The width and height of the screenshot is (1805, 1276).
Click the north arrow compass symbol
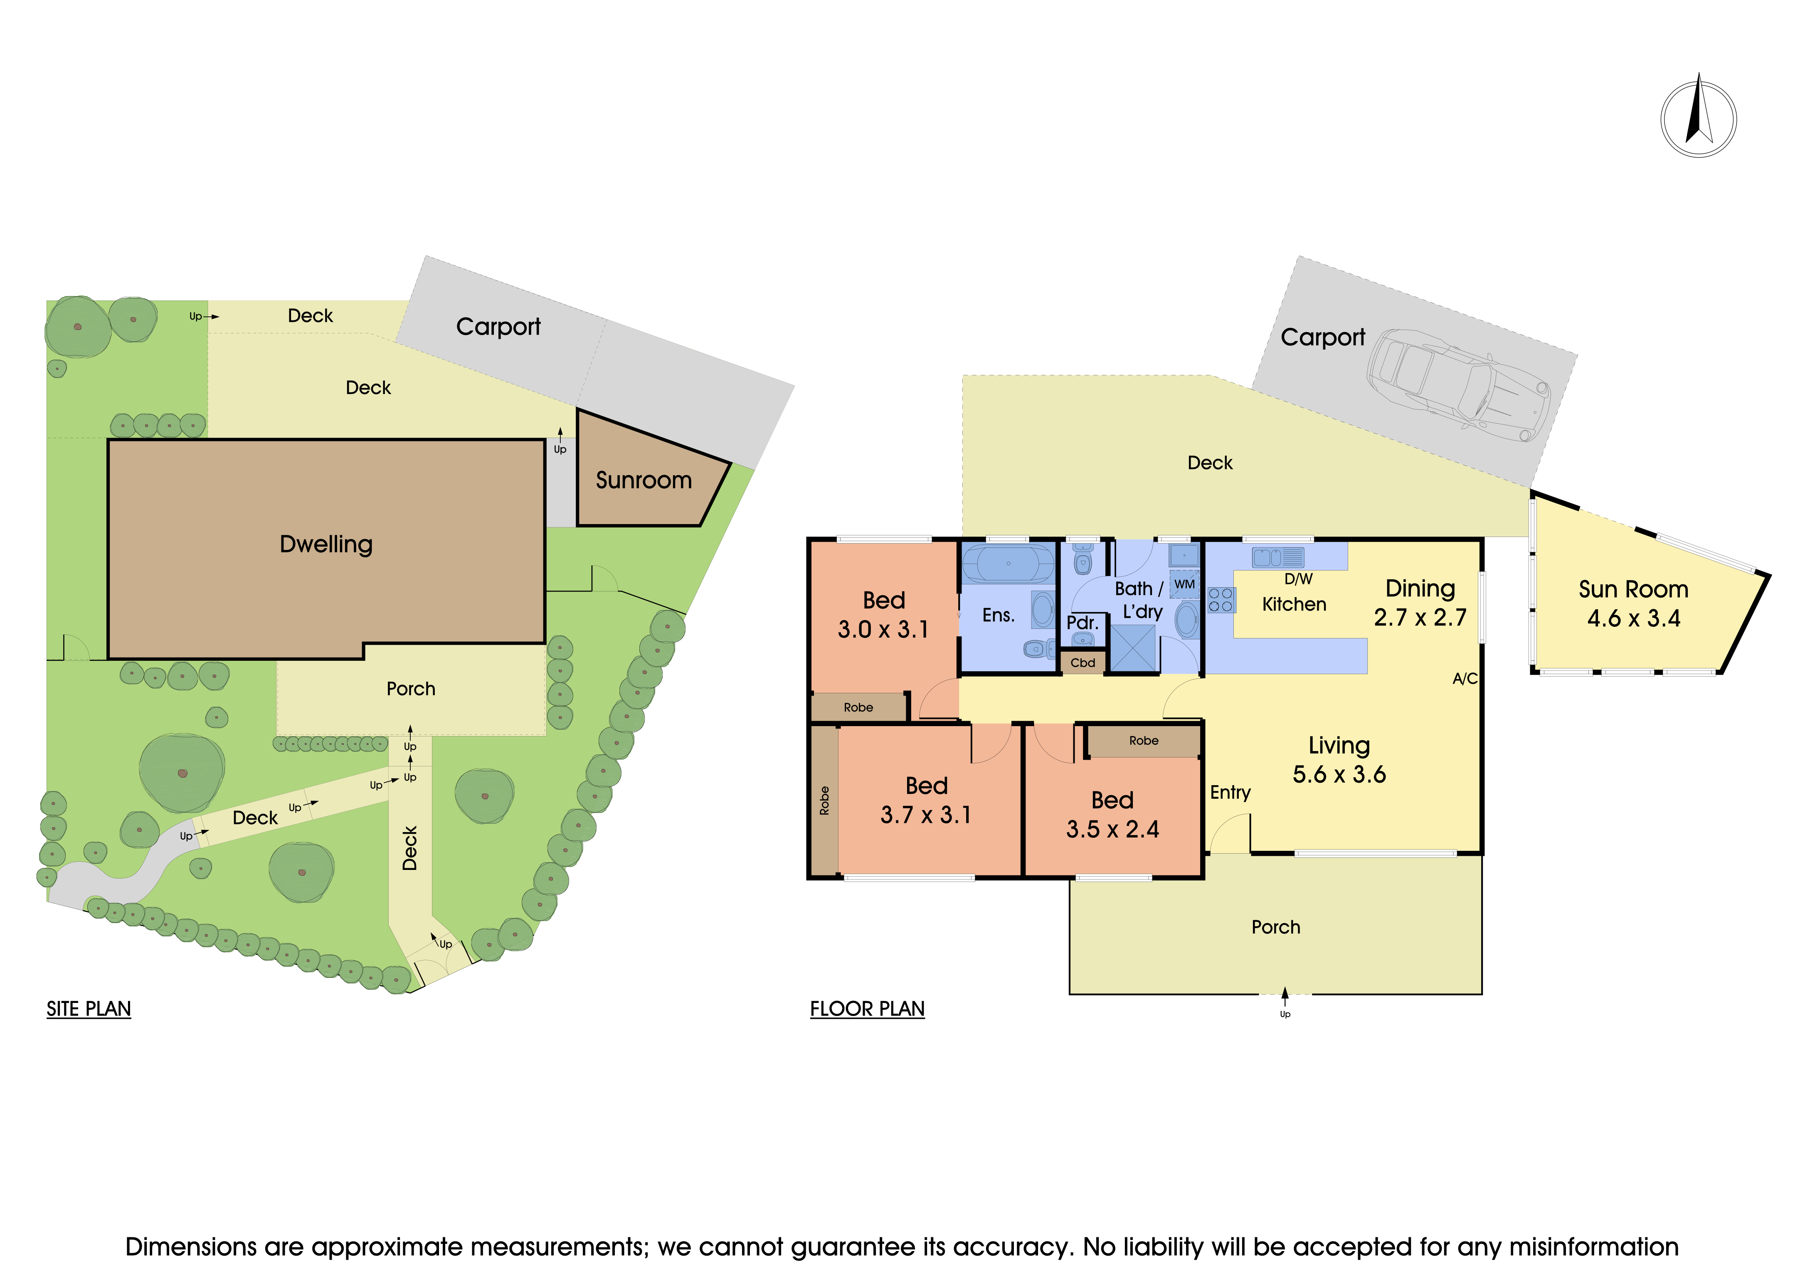(x=1698, y=118)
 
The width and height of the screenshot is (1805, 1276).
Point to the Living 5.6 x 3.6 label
(x=1339, y=759)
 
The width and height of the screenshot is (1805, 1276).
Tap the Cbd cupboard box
(x=1083, y=662)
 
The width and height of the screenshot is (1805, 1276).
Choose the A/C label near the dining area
(x=1465, y=678)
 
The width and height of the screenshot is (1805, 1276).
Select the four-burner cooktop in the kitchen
(x=1221, y=600)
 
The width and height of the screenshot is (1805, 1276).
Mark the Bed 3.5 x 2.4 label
(x=1112, y=815)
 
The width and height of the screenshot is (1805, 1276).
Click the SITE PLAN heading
(x=89, y=1009)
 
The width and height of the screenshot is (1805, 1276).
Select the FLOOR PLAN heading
(x=867, y=1009)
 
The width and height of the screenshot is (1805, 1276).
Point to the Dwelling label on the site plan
(x=326, y=544)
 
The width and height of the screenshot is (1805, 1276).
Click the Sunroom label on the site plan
(x=644, y=480)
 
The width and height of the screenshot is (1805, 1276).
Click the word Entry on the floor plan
(x=1230, y=793)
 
